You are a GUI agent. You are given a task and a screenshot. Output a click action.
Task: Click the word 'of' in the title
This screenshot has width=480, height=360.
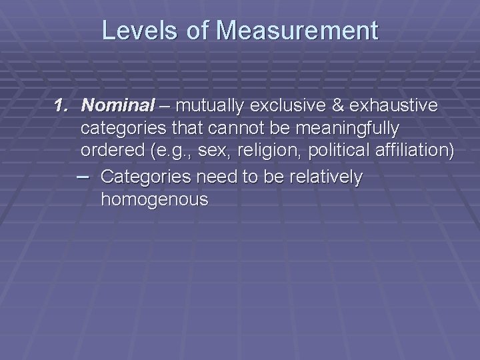pos(196,31)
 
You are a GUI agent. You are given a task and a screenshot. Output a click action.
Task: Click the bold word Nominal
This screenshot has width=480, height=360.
pos(117,105)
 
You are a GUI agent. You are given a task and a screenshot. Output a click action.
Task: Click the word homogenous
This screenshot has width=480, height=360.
pos(154,199)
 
